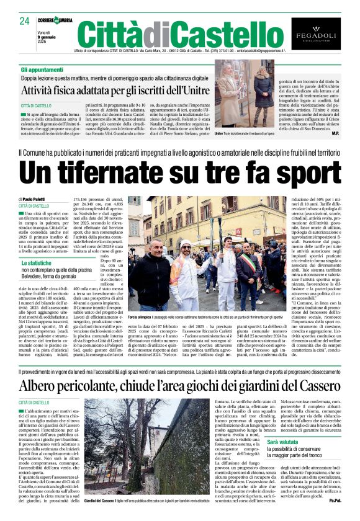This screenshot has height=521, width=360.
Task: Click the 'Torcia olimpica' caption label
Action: point(142,317)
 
